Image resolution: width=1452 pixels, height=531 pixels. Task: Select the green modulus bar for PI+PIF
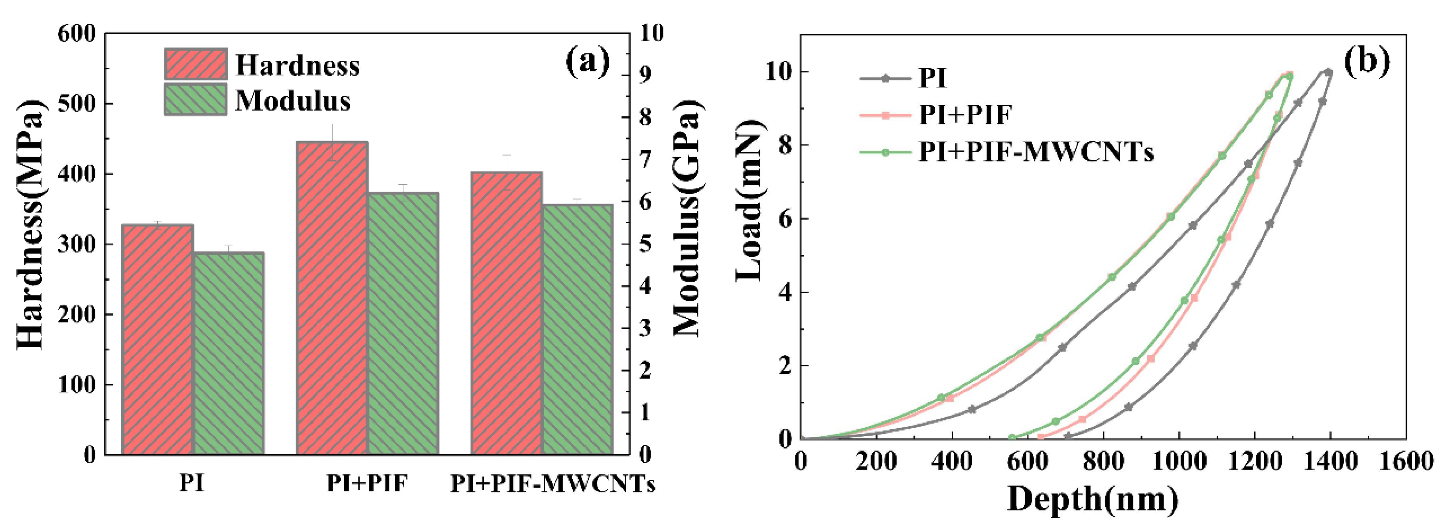pos(402,323)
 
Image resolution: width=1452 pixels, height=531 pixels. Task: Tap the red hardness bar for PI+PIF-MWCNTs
pos(506,313)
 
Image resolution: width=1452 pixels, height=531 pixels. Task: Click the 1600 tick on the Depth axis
pos(1406,462)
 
